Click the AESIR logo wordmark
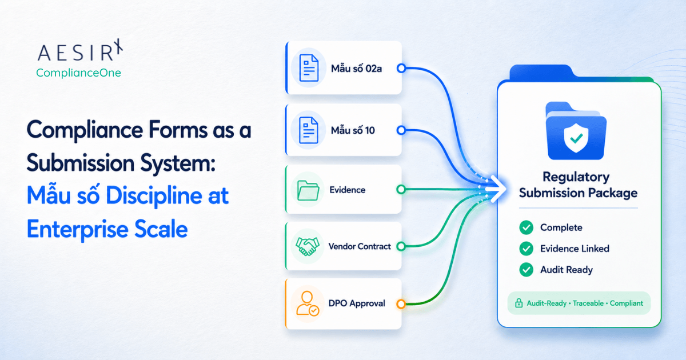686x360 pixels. pyautogui.click(x=80, y=50)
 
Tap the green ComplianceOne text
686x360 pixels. pyautogui.click(x=78, y=73)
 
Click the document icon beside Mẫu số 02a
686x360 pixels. pyautogui.click(x=309, y=67)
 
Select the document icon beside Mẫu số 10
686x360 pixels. pyautogui.click(x=309, y=130)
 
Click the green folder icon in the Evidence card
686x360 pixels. pyautogui.click(x=308, y=190)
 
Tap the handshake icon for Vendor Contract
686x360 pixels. pyautogui.click(x=308, y=246)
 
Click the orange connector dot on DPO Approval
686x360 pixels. pyautogui.click(x=401, y=304)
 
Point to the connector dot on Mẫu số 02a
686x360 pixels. pyautogui.click(x=401, y=68)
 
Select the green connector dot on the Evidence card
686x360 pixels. pyautogui.click(x=401, y=190)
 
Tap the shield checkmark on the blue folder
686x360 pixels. pyautogui.click(x=576, y=138)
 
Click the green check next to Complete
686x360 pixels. pyautogui.click(x=526, y=227)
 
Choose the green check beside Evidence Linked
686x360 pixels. pyautogui.click(x=526, y=249)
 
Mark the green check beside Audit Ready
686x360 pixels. pyautogui.click(x=526, y=270)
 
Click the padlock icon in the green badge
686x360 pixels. pyautogui.click(x=519, y=303)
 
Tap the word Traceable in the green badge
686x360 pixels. pyautogui.click(x=588, y=303)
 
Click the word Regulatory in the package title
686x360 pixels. pyautogui.click(x=576, y=177)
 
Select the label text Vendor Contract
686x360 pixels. pyautogui.click(x=360, y=246)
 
